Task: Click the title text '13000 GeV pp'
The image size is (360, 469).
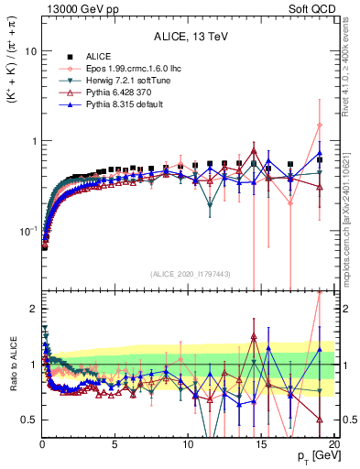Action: (x=74, y=9)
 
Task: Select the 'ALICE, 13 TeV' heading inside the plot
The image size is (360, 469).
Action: (x=189, y=37)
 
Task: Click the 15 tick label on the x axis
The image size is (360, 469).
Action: (x=262, y=444)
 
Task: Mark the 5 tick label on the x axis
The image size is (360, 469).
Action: (x=115, y=444)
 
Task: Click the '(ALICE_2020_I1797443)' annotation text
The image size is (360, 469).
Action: (x=189, y=274)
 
